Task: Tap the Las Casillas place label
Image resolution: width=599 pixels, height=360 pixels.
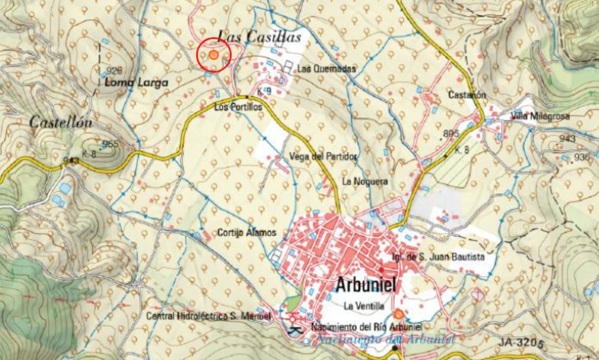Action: (x=259, y=38)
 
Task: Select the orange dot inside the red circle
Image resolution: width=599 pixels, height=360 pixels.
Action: (x=214, y=55)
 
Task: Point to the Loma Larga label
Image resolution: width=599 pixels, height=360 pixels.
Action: (x=136, y=83)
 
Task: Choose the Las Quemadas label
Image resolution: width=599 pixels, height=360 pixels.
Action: (x=327, y=69)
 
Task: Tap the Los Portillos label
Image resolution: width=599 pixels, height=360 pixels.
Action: (x=238, y=107)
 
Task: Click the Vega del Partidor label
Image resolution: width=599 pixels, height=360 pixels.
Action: (x=322, y=157)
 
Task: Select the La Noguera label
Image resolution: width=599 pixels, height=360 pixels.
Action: (x=365, y=181)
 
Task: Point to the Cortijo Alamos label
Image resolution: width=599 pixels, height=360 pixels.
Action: (x=247, y=233)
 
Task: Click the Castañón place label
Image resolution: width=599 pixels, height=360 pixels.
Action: (x=467, y=95)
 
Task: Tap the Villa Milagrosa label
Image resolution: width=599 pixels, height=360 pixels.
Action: (x=540, y=117)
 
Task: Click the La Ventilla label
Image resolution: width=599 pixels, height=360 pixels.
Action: (x=363, y=306)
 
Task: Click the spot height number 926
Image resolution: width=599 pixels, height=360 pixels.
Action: (x=114, y=71)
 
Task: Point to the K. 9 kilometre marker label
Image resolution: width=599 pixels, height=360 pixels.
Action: (x=264, y=91)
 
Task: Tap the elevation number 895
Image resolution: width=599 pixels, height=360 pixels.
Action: (x=451, y=134)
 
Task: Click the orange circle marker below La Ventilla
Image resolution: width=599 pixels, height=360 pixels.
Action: (x=398, y=314)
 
